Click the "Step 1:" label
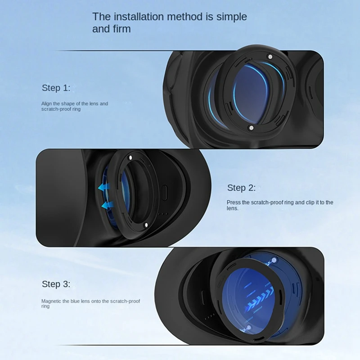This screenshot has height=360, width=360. tap(56, 88)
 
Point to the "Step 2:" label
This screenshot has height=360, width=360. tap(241, 188)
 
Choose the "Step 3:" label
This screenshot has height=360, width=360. tap(56, 284)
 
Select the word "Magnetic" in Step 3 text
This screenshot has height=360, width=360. tap(51, 301)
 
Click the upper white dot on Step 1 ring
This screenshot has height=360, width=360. tap(270, 57)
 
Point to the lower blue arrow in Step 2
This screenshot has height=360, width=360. tap(106, 205)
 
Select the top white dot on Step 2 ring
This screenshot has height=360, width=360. tap(130, 158)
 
